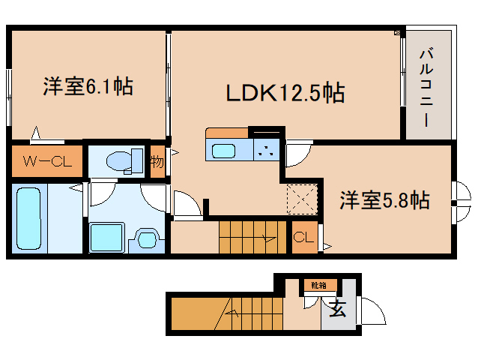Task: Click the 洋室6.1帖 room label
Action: tap(88, 87)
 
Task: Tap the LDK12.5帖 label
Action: tap(285, 93)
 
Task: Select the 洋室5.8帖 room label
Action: tap(384, 200)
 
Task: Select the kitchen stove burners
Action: tap(265, 148)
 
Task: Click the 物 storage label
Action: tap(157, 160)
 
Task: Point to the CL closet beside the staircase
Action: tap(303, 238)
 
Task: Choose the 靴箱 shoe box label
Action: tap(319, 285)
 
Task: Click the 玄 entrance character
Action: tap(339, 308)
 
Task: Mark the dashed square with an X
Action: tap(302, 199)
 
